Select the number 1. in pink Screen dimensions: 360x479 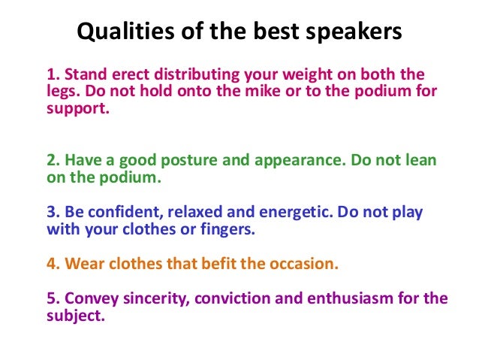pyautogui.click(x=52, y=74)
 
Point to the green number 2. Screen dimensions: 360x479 pyautogui.click(x=52, y=162)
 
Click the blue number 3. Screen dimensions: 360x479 pyautogui.click(x=52, y=212)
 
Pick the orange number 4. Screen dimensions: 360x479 pyautogui.click(x=52, y=264)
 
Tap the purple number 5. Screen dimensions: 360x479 pyautogui.click(x=52, y=298)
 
